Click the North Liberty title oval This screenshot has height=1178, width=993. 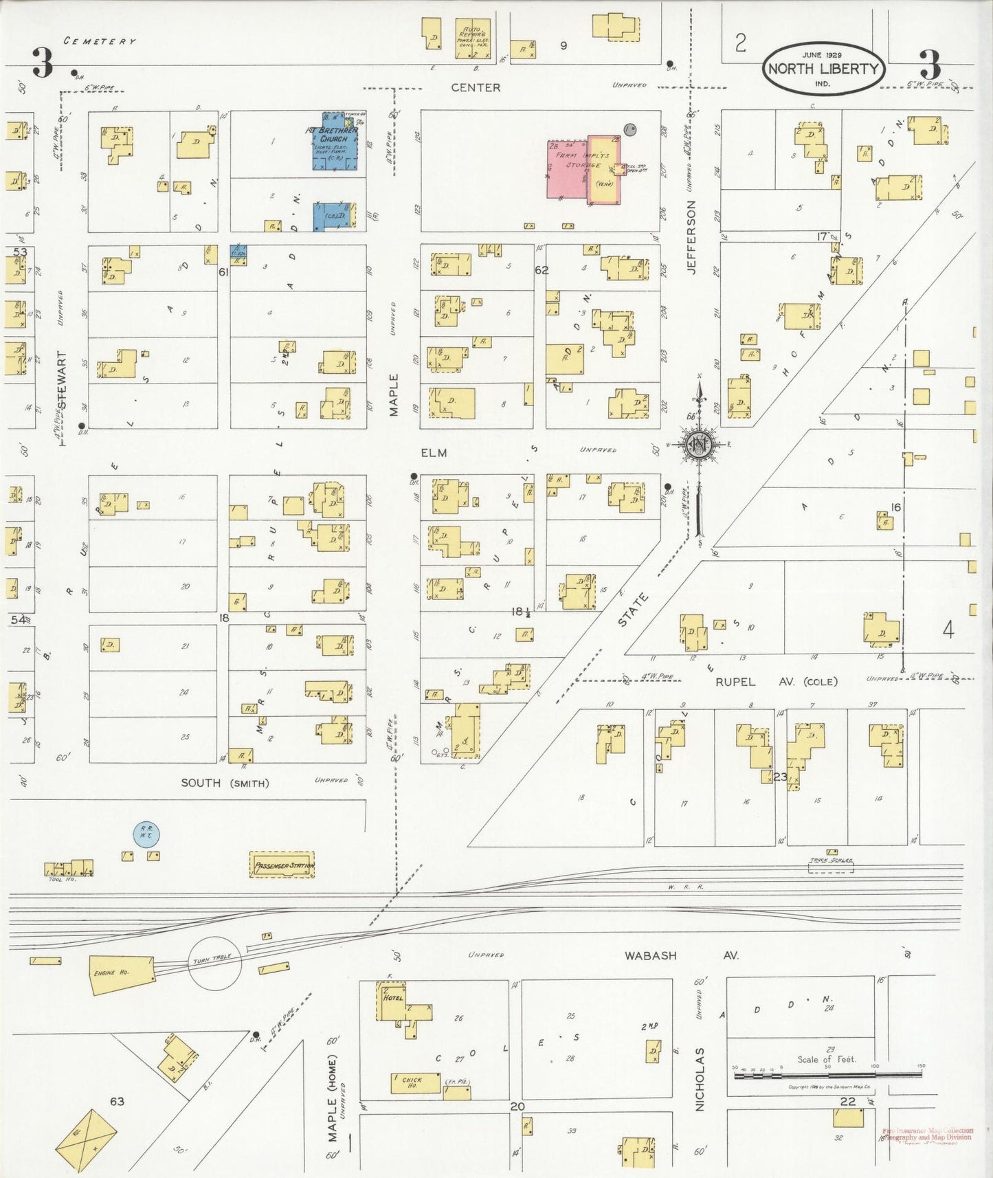[x=823, y=67]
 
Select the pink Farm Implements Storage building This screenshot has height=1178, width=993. [x=568, y=170]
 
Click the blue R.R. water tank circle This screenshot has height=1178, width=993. [x=146, y=833]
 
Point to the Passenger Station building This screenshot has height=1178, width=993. [x=282, y=865]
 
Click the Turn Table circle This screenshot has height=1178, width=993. [x=215, y=963]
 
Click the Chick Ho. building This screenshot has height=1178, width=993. [x=415, y=1082]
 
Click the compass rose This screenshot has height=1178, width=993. [x=700, y=445]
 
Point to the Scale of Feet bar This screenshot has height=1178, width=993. [x=828, y=1074]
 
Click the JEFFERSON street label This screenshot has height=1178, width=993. [x=692, y=237]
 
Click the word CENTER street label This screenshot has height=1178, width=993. [x=476, y=87]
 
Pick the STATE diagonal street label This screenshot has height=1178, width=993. [x=633, y=610]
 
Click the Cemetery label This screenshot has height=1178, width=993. [x=100, y=41]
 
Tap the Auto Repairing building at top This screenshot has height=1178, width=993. [x=474, y=38]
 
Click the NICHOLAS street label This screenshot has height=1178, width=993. [x=700, y=1079]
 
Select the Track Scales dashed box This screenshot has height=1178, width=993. [x=831, y=867]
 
